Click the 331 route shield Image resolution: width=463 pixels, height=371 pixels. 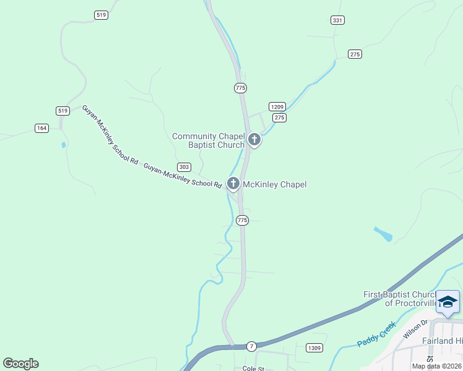pyautogui.click(x=337, y=20)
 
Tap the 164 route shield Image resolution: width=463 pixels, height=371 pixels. pyautogui.click(x=41, y=128)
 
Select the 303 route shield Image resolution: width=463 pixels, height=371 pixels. pyautogui.click(x=184, y=167)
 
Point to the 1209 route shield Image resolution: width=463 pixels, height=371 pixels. pyautogui.click(x=277, y=106)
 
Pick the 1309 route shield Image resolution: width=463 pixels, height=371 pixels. pyautogui.click(x=314, y=348)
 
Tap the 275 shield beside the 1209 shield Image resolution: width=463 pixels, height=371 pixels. pyautogui.click(x=279, y=117)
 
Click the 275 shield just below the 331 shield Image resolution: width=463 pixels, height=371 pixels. pyautogui.click(x=355, y=54)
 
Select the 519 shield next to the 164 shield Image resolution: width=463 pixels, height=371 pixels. pyautogui.click(x=62, y=111)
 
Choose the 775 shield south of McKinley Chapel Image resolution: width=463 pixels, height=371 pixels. pyautogui.click(x=242, y=220)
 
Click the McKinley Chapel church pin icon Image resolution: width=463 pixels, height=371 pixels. pyautogui.click(x=233, y=183)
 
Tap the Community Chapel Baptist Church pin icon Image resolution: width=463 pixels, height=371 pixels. pyautogui.click(x=254, y=139)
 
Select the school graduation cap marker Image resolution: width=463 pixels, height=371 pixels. pyautogui.click(x=448, y=302)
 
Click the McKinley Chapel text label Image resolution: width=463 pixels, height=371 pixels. pyautogui.click(x=274, y=184)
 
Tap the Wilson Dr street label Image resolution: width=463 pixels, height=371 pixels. pyautogui.click(x=415, y=328)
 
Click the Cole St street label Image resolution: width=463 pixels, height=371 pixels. pyautogui.click(x=253, y=369)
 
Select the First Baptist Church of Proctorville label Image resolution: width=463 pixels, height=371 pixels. pyautogui.click(x=400, y=299)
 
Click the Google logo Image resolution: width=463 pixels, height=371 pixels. pyautogui.click(x=21, y=364)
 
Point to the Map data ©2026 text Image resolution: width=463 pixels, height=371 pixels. pyautogui.click(x=436, y=366)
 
